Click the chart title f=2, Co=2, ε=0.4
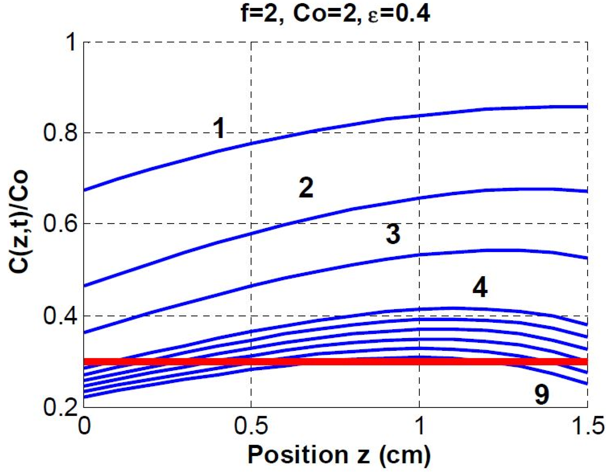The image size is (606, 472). coord(335,14)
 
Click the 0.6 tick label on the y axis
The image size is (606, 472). coord(60,223)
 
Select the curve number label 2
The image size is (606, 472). coord(306,188)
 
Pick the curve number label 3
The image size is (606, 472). coord(393,234)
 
